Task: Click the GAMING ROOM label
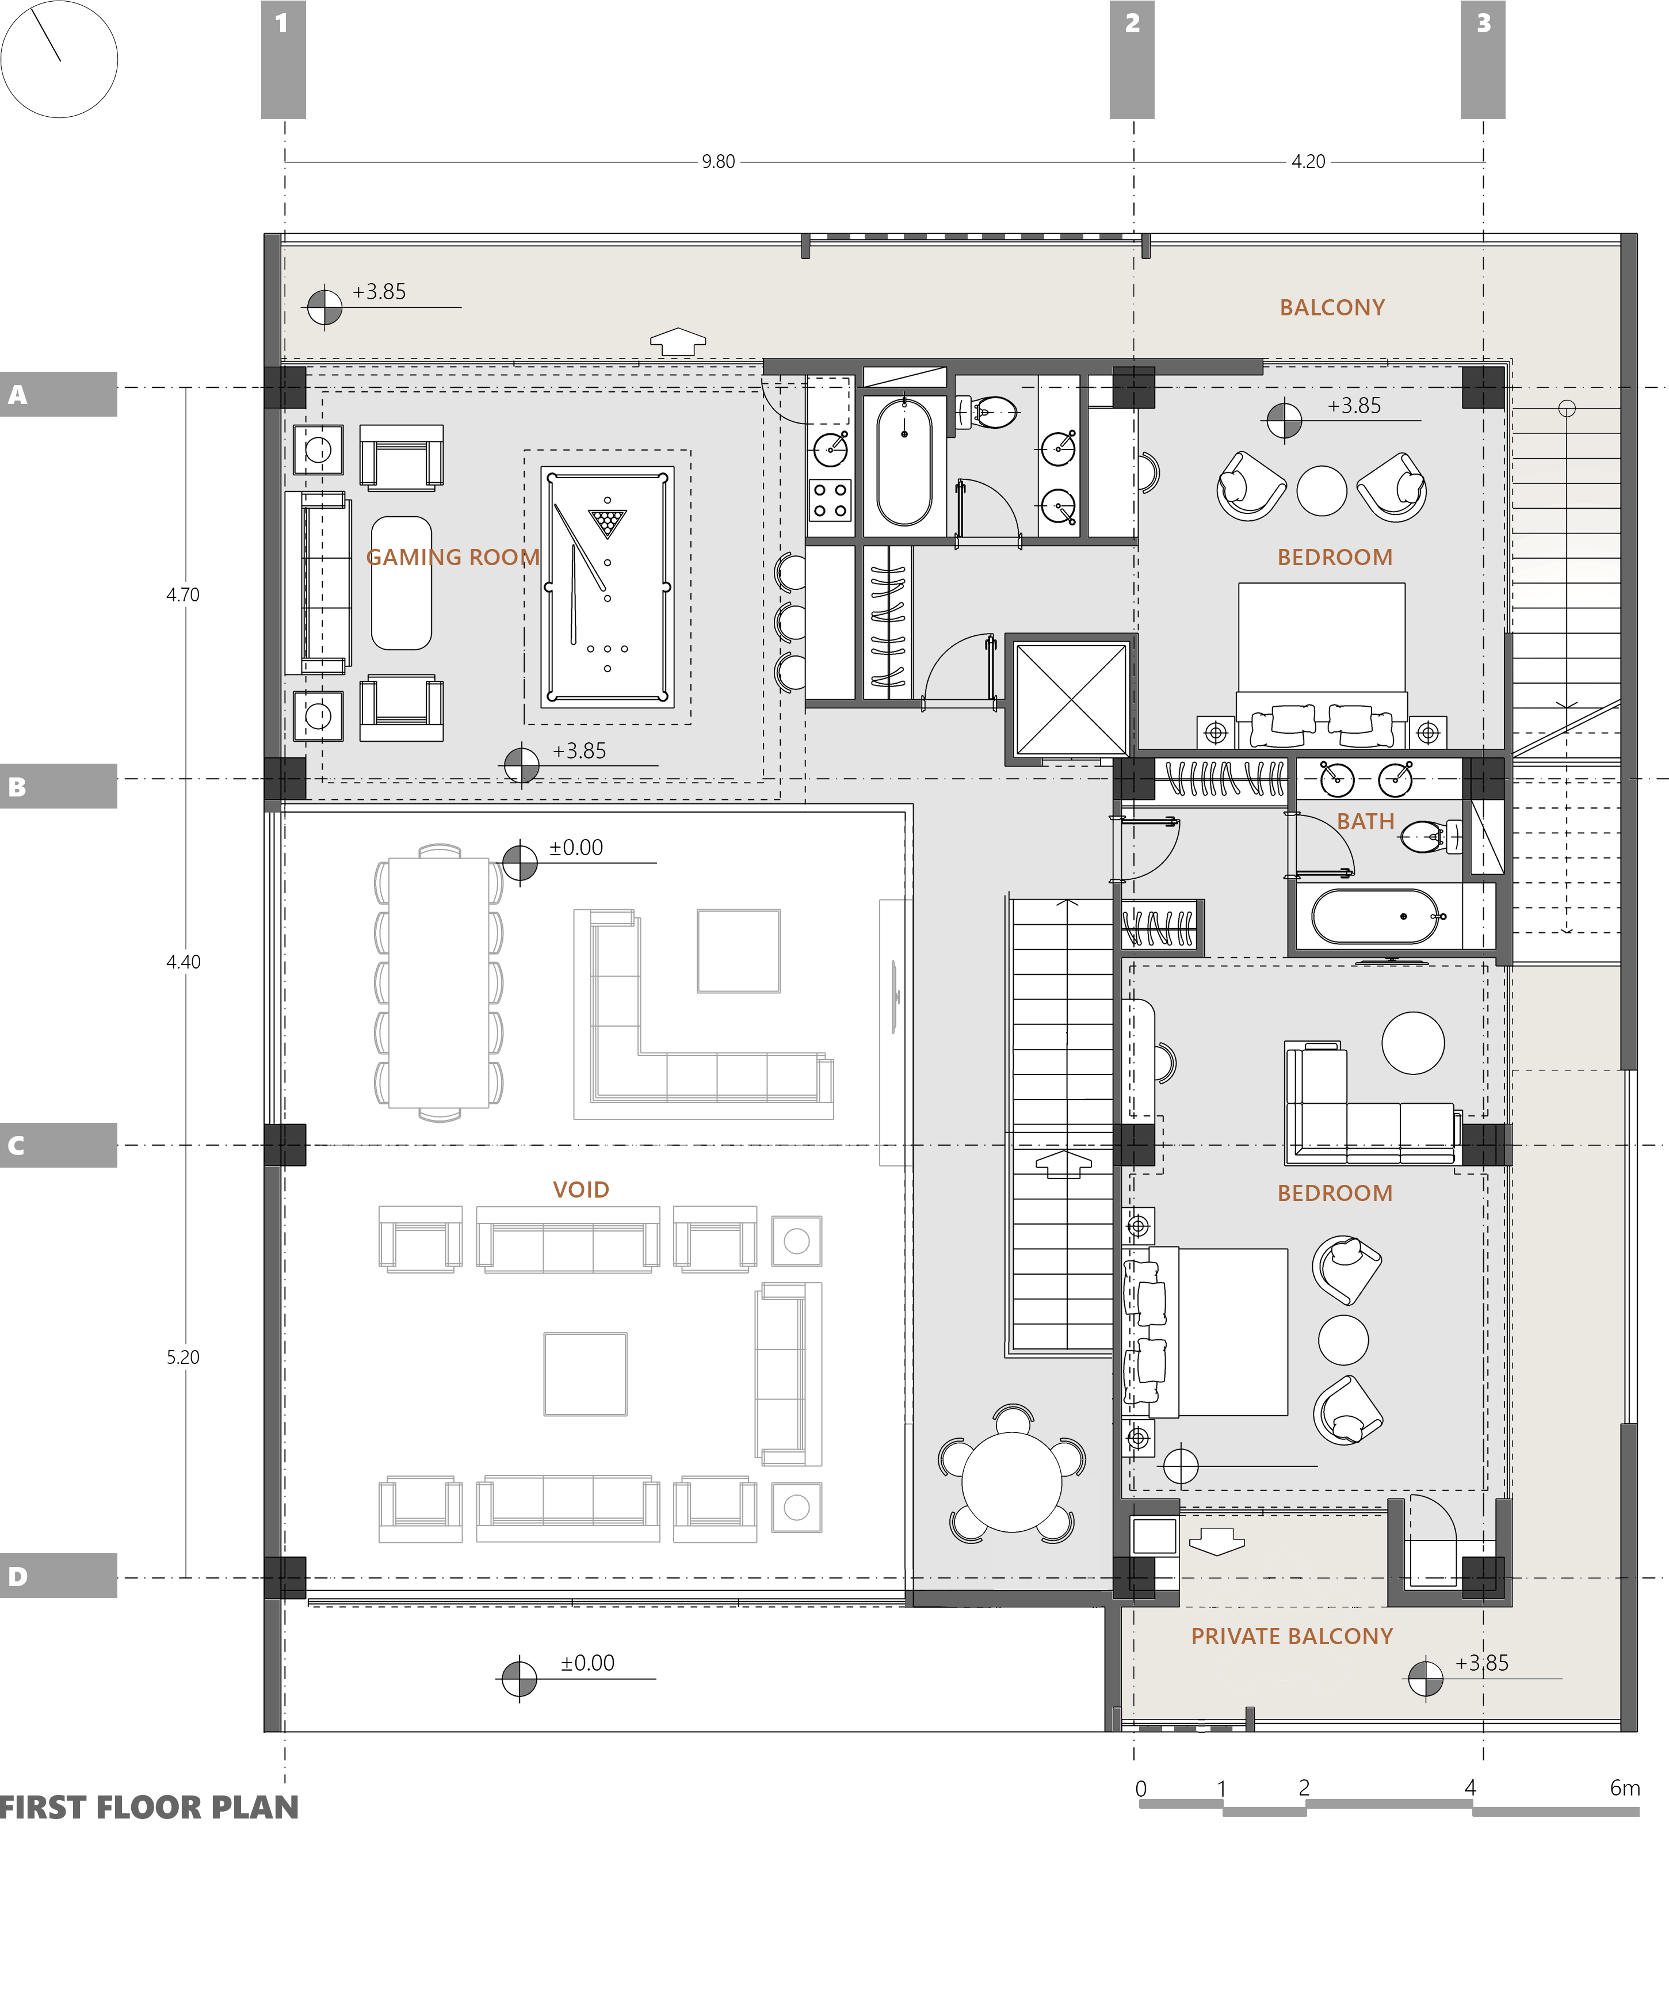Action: point(453,557)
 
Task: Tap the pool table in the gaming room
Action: point(607,586)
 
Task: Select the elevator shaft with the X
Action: point(1071,699)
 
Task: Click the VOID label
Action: point(580,1190)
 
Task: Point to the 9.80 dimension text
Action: point(718,162)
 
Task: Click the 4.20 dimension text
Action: point(1308,162)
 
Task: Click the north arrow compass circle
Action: point(59,59)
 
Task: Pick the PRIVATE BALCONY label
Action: point(1291,1637)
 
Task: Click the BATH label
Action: point(1365,822)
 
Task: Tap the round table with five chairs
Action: point(1011,1482)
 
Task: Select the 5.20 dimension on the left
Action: point(183,1357)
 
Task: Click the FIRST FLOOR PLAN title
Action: point(148,1807)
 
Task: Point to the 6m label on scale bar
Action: point(1625,1788)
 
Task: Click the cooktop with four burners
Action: point(830,500)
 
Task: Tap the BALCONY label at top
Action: point(1332,307)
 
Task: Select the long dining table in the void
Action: point(438,983)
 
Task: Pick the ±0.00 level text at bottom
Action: point(587,1663)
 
